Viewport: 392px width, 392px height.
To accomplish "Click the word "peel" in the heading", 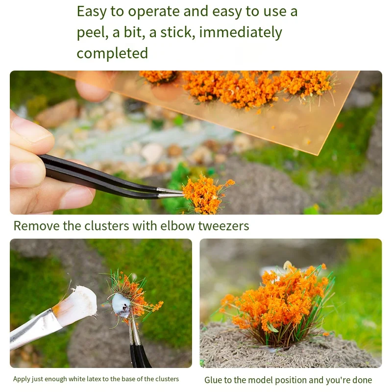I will pyautogui.click(x=93, y=32).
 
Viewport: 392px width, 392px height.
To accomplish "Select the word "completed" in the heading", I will pyautogui.click(x=112, y=53).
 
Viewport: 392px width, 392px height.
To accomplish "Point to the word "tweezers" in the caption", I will pyautogui.click(x=223, y=226).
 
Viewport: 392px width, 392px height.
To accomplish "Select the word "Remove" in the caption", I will pyautogui.click(x=32, y=226).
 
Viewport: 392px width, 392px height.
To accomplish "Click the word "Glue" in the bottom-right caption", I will pyautogui.click(x=214, y=380).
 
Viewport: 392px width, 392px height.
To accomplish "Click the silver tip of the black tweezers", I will pyautogui.click(x=169, y=192).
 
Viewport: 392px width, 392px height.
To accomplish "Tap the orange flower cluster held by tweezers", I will pyautogui.click(x=205, y=193).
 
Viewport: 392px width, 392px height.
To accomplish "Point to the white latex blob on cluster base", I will pyautogui.click(x=121, y=305).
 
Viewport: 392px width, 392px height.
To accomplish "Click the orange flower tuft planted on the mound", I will pyautogui.click(x=274, y=304).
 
